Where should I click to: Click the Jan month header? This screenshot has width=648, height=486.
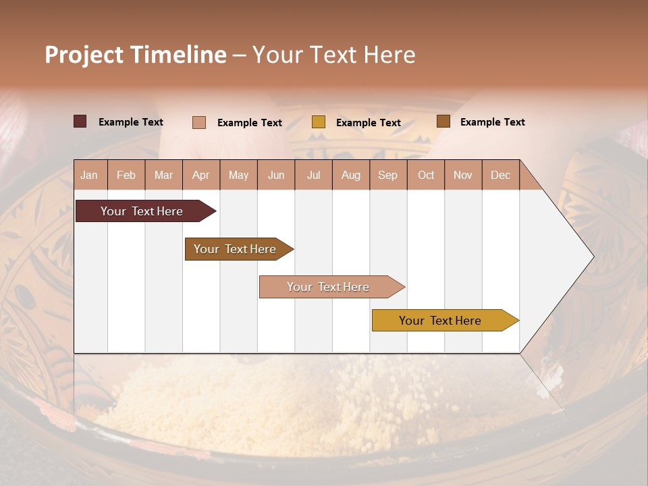90,175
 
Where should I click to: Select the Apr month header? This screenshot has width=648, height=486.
201,175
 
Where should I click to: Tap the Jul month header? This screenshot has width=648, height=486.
313,175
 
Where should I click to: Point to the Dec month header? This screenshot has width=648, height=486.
500,175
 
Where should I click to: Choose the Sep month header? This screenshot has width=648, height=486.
387,175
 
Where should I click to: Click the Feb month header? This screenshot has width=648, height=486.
126,175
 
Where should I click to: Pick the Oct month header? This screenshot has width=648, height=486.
426,175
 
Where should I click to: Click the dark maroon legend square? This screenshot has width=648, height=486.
80,122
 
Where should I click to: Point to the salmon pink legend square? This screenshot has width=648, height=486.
199,122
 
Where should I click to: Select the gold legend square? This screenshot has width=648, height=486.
319,122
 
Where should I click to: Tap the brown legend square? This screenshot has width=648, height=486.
443,122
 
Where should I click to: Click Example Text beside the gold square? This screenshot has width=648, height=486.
368,123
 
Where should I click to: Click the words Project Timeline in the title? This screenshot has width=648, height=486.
136,55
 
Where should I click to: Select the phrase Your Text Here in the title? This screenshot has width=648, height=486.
334,55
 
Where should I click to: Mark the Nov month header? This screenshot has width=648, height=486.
463,175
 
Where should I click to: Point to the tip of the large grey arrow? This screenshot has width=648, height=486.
593,256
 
